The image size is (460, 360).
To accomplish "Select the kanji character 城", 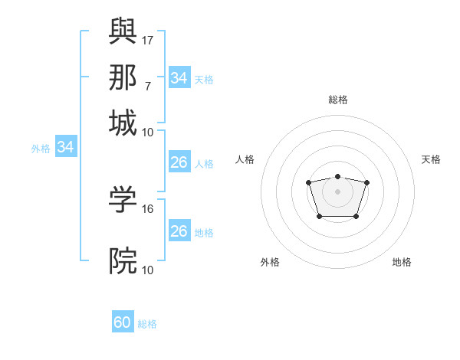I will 123,123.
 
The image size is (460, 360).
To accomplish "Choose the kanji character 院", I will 123,261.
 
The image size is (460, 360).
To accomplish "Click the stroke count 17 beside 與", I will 148,39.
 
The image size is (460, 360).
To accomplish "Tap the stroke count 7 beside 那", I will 147,86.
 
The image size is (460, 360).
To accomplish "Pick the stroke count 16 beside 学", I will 148,208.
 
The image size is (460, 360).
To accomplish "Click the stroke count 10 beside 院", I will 148,270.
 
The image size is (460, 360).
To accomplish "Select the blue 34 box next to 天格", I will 179,78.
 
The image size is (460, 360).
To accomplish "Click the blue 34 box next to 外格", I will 65,147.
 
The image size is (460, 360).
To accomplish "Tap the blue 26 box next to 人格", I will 179,162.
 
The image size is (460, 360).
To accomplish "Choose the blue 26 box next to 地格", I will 179,231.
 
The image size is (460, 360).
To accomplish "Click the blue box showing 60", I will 123,322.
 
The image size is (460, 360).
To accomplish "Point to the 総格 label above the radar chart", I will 338,100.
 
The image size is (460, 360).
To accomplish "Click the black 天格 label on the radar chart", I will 431,159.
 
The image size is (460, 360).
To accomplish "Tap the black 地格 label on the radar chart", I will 402,262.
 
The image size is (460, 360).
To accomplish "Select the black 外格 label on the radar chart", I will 270,262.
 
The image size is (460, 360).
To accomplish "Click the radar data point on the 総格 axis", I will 337,177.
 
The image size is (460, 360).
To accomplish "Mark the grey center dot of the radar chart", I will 337,191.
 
